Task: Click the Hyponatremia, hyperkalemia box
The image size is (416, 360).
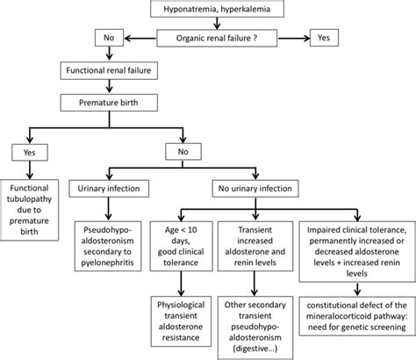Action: (x=208, y=12)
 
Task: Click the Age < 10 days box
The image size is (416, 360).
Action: (x=180, y=241)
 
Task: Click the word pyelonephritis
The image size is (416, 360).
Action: (x=111, y=263)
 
